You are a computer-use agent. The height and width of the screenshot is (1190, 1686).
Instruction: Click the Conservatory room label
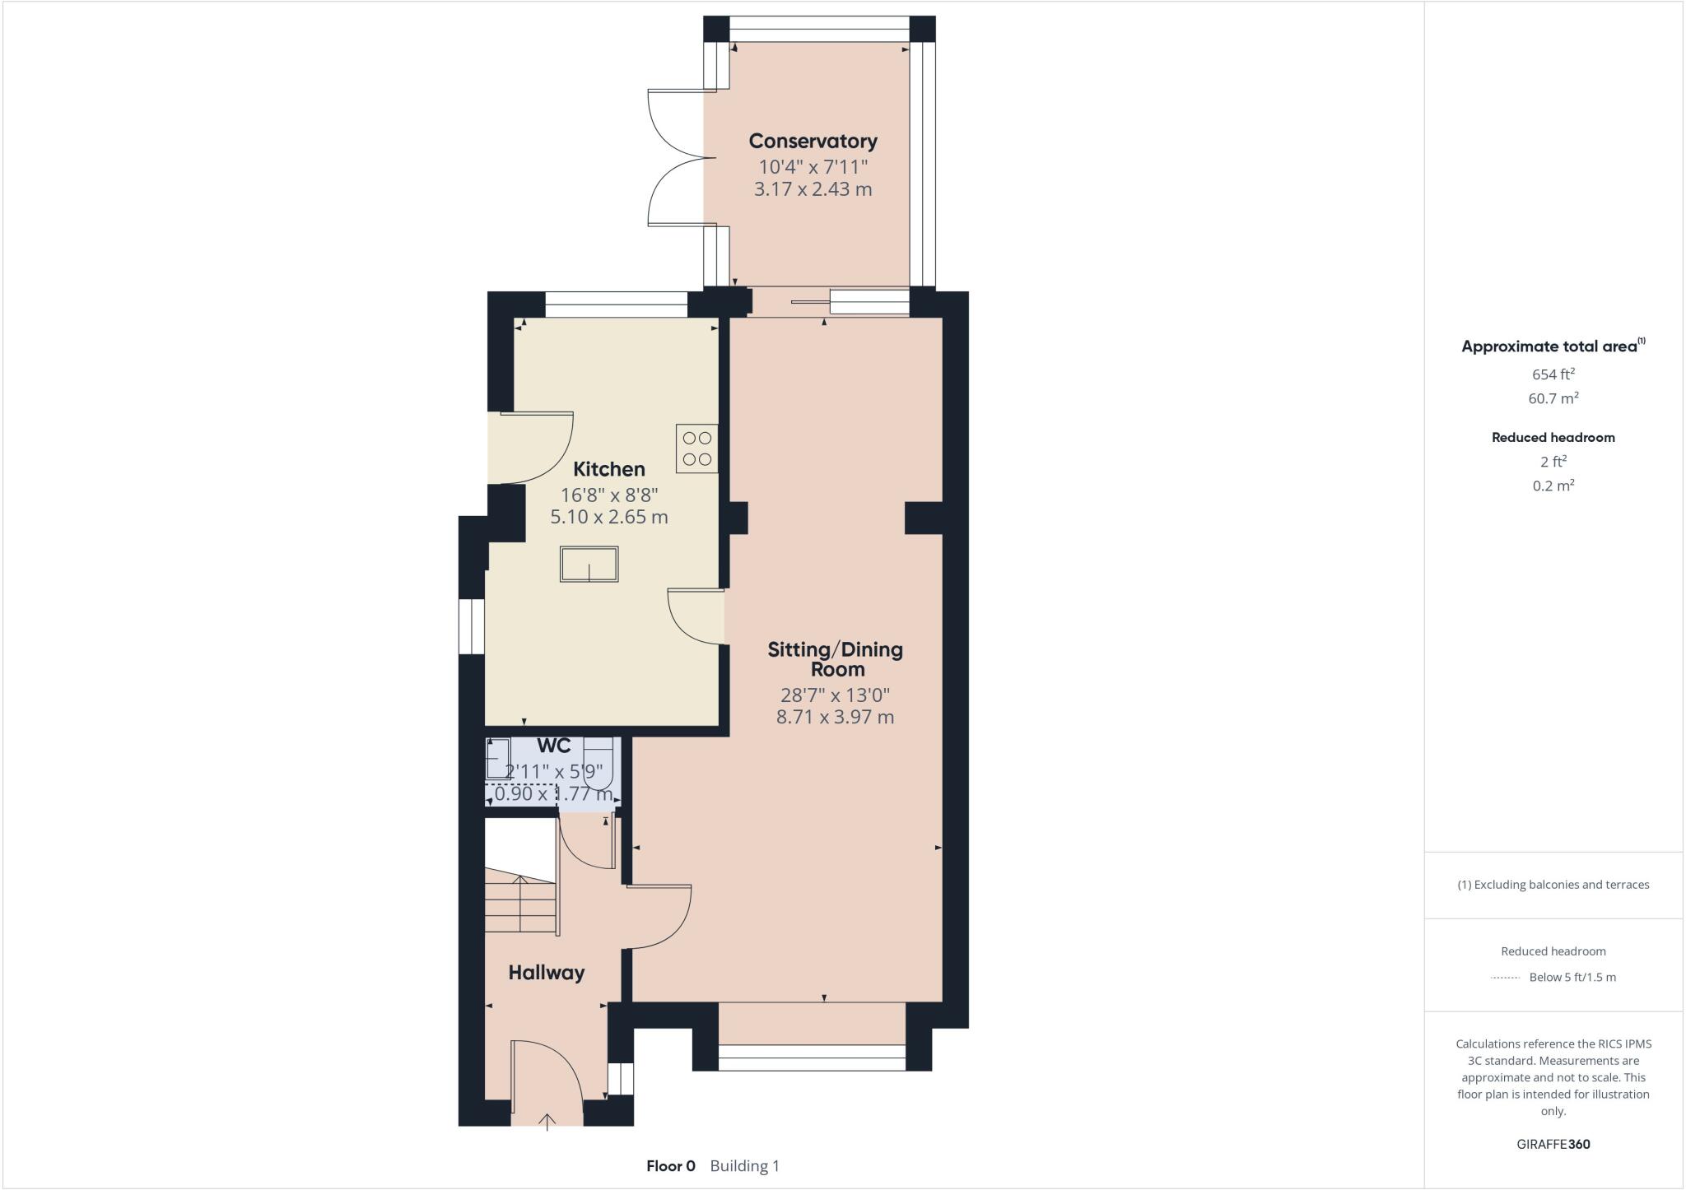813,141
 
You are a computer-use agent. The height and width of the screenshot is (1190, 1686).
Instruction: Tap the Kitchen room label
608,469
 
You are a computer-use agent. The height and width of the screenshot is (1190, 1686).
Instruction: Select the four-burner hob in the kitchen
696,449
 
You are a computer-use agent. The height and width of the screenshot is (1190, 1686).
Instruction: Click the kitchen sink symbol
589,565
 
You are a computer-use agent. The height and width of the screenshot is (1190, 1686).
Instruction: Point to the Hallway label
546,973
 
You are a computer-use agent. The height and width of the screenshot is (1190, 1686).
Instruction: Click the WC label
553,746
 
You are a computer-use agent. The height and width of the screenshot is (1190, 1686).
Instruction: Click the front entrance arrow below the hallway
547,1121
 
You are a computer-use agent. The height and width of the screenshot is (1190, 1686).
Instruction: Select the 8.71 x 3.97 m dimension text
835,717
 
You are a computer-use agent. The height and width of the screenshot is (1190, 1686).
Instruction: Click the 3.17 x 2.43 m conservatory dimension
813,189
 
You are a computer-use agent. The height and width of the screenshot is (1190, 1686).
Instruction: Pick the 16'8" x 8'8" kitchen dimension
608,495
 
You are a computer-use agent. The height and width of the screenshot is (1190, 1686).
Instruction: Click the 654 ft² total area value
1553,374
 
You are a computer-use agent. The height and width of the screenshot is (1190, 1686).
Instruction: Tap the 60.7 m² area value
1553,398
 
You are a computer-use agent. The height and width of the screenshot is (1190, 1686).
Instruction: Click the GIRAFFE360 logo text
1553,1144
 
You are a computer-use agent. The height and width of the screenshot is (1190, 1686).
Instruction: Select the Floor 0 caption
670,1166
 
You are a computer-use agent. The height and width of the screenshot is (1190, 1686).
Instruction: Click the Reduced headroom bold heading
1553,438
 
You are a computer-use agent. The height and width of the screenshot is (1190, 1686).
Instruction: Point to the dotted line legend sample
1504,978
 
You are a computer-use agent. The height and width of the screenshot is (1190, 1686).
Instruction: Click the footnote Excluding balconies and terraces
1553,885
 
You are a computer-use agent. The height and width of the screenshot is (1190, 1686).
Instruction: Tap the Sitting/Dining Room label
835,659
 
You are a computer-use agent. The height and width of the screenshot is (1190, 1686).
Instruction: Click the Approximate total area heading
1549,346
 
